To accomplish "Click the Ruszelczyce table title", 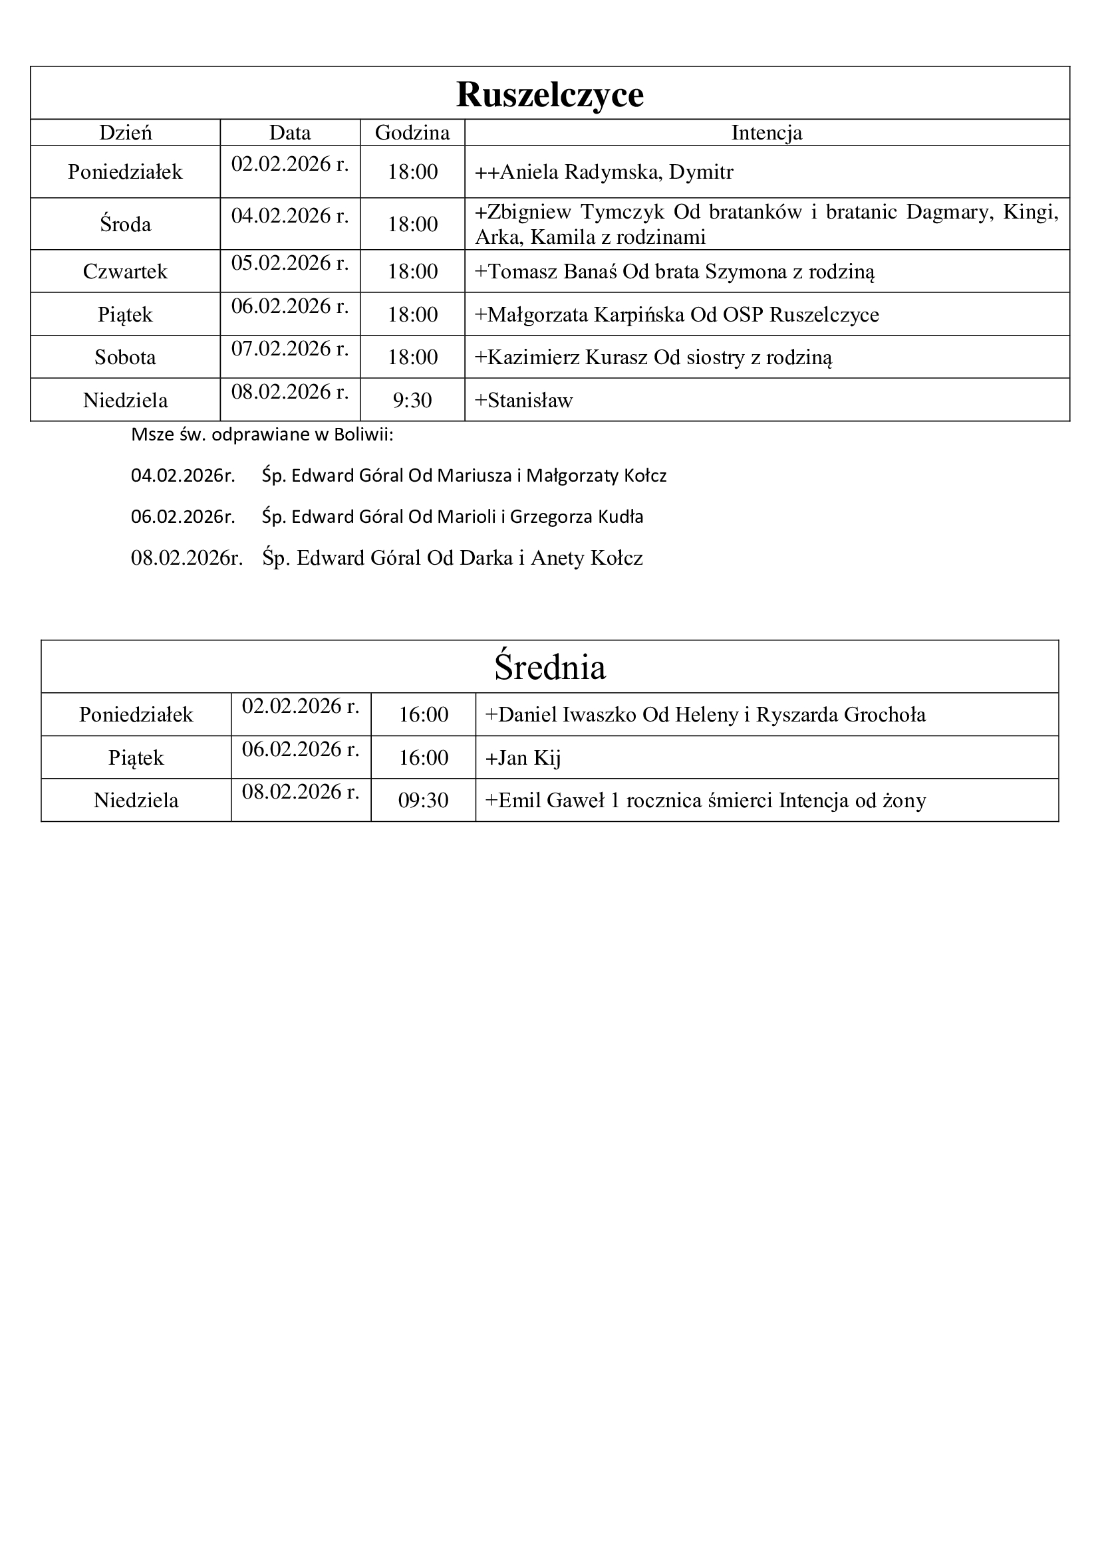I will point(549,94).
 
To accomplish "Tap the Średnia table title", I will point(549,667).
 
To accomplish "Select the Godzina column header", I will point(412,133).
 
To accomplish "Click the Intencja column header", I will point(766,133).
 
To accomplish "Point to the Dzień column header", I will point(125,133).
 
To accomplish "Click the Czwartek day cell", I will point(125,272).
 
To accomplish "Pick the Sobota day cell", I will point(125,357).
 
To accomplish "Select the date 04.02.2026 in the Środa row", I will point(290,216).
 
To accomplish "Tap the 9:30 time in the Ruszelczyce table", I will point(412,400).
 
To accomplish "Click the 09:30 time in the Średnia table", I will point(424,800).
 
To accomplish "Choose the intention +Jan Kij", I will point(523,757).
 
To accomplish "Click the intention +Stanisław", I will point(523,400).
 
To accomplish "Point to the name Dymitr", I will point(701,172).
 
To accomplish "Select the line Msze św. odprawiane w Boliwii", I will point(262,435).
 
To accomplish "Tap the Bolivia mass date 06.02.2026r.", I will point(183,517).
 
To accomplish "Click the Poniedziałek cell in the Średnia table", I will point(136,714).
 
